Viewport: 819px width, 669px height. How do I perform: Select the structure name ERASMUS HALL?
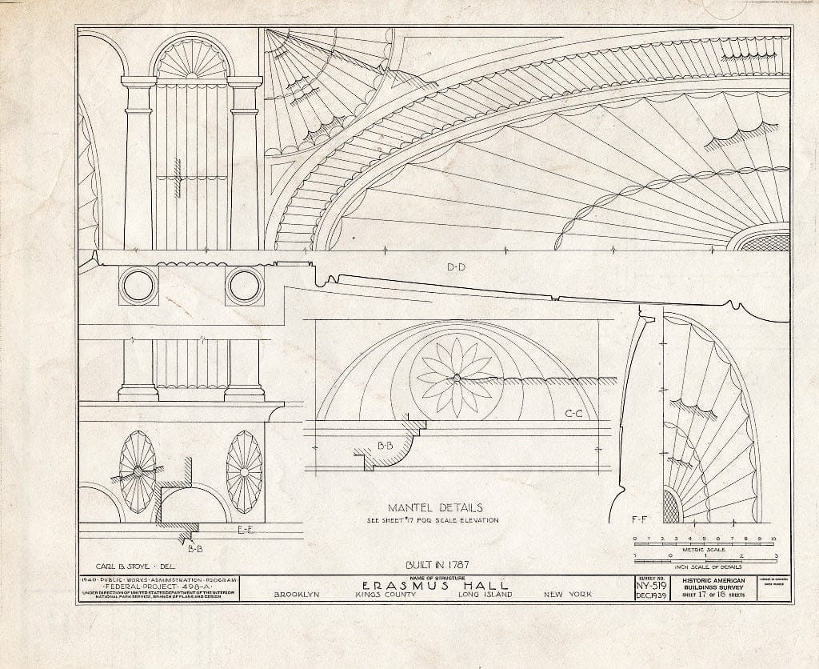[435, 586]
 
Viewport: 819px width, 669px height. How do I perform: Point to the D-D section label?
[457, 266]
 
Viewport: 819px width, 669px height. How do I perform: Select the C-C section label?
[573, 414]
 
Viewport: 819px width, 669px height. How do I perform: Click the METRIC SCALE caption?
[705, 549]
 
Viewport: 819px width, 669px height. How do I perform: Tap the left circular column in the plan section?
[138, 286]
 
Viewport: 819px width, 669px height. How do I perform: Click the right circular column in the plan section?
[244, 286]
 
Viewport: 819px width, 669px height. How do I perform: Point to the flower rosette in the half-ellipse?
[455, 377]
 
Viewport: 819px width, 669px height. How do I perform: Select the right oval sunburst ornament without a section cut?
[244, 472]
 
